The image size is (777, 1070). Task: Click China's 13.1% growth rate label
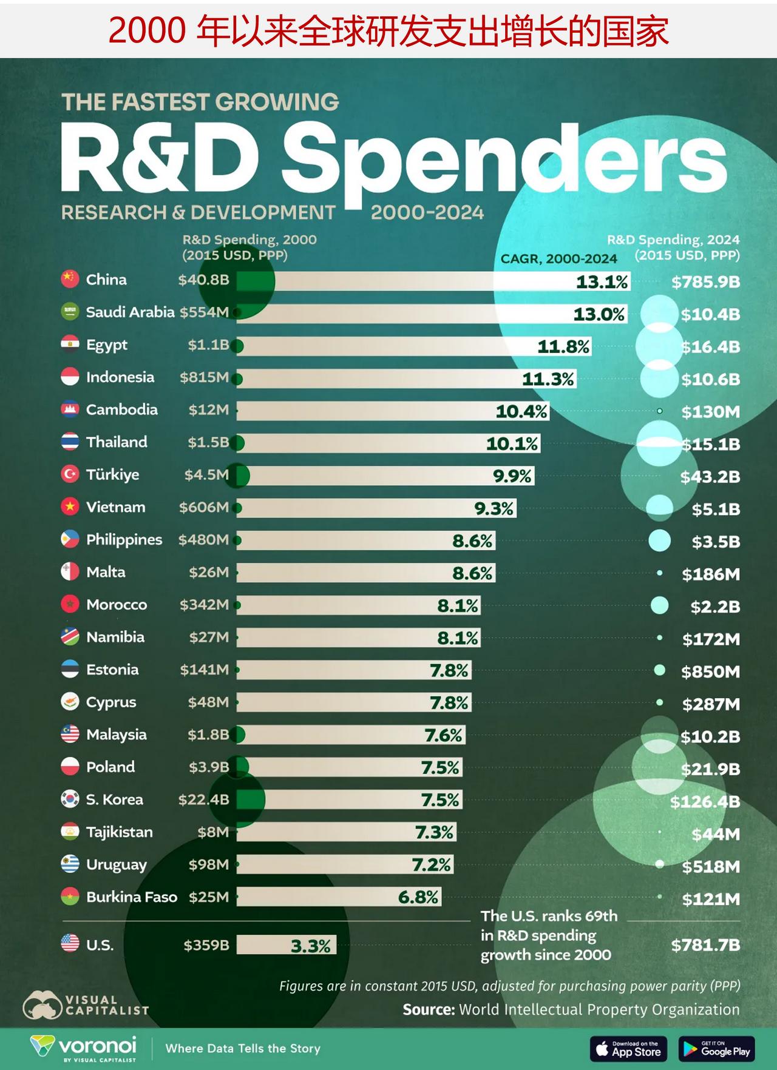[602, 281]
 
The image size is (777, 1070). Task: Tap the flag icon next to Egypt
[70, 344]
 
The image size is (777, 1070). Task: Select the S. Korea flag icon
[70, 799]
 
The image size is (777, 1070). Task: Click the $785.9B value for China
[705, 281]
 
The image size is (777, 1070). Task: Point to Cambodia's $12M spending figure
[208, 409]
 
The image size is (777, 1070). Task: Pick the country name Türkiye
[112, 474]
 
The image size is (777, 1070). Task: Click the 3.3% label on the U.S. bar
[311, 946]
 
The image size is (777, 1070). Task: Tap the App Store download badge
[628, 1048]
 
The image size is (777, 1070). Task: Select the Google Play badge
[716, 1048]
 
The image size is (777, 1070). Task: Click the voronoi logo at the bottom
[84, 1047]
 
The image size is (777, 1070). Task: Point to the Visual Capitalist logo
[85, 1005]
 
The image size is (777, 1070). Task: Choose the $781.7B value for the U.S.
[705, 945]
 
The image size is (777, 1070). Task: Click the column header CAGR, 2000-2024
[558, 258]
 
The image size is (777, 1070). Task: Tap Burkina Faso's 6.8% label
[418, 897]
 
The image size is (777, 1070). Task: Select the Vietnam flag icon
[70, 506]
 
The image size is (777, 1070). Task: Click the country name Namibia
[115, 637]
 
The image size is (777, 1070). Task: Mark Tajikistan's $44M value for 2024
[716, 835]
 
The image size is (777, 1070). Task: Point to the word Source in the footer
[429, 1010]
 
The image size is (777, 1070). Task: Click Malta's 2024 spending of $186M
[710, 574]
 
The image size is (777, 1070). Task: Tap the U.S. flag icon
[70, 943]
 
